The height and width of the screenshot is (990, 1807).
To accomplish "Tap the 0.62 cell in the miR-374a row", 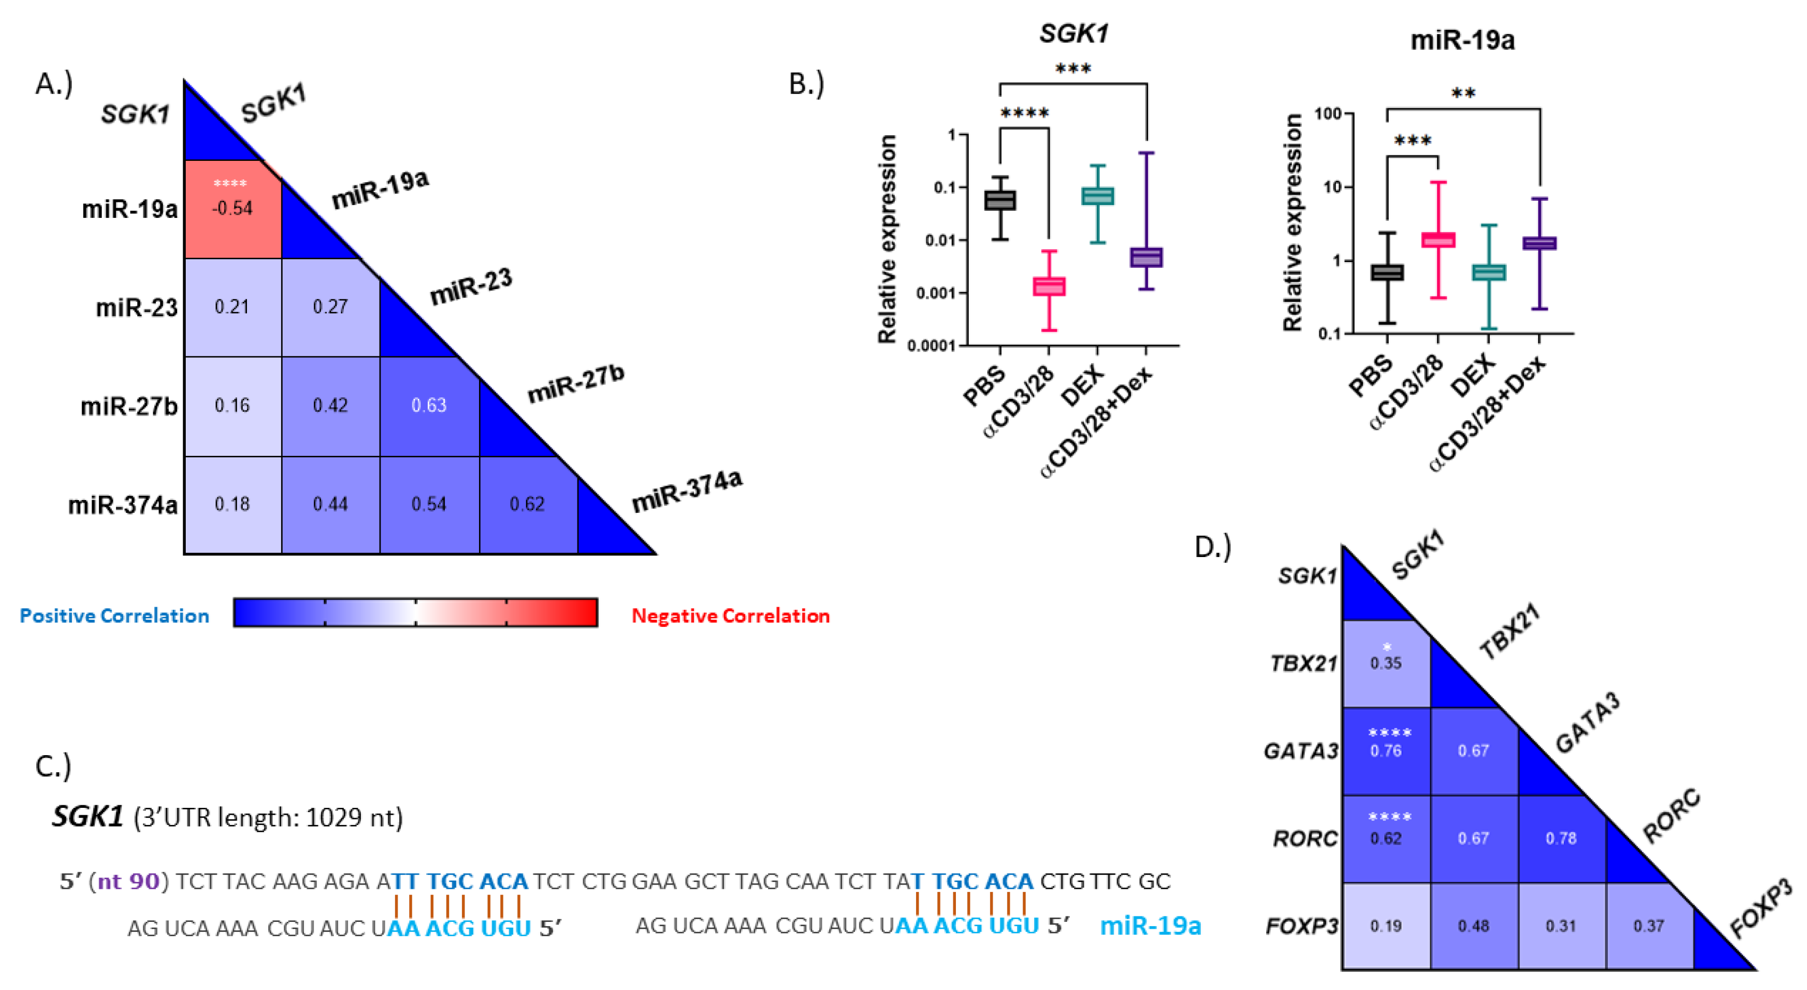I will (x=527, y=504).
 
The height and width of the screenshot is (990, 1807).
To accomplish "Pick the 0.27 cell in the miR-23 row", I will (x=331, y=307).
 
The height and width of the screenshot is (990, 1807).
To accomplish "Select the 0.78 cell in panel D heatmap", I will (x=1561, y=838).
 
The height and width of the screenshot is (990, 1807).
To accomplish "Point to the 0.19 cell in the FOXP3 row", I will (x=1385, y=926).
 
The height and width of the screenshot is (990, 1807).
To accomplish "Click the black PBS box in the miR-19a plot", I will (x=1387, y=272).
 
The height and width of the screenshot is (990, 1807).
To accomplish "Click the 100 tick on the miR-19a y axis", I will (x=1327, y=113).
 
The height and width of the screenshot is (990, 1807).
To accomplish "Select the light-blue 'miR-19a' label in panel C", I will (x=1150, y=926).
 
